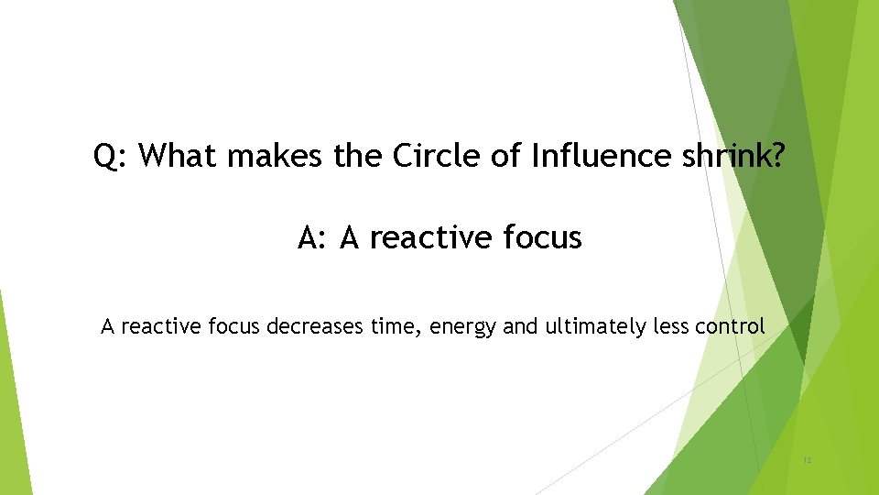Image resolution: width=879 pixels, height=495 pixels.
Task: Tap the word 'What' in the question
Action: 179,157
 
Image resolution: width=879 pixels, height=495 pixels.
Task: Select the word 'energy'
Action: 462,327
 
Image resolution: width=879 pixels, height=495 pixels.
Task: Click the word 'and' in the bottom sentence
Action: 520,325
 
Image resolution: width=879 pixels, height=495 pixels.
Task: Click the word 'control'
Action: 732,325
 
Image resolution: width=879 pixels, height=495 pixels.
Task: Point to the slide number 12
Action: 806,459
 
